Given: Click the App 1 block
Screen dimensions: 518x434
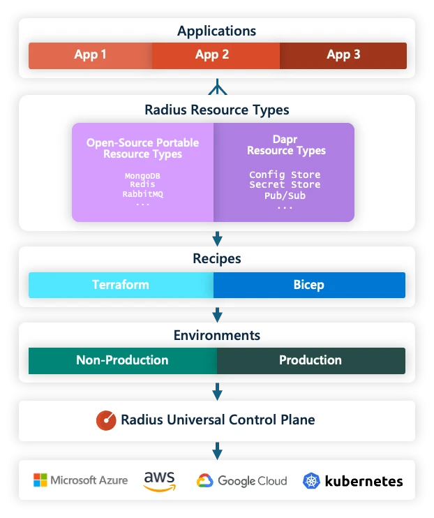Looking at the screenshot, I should point(90,55).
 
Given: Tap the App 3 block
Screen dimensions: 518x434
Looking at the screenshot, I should point(343,55).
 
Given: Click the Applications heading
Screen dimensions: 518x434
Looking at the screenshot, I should point(216,31).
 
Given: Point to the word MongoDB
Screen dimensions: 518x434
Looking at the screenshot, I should point(143,175).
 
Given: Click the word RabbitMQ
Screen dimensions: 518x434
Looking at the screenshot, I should point(143,193).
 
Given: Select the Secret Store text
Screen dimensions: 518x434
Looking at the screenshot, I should point(285,184).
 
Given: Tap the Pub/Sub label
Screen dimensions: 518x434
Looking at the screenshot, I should point(285,195).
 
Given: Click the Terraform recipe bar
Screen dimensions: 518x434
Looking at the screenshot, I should point(121,285).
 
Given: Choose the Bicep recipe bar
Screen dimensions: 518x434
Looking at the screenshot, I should point(309,285).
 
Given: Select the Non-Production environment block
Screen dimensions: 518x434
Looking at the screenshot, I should point(122,360).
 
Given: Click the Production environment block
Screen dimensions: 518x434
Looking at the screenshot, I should point(310,360).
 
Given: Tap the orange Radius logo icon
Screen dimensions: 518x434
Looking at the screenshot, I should point(106,420).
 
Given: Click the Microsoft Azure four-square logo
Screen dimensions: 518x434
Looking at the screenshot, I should point(40,480).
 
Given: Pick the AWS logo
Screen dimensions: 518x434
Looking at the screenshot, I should point(159,481).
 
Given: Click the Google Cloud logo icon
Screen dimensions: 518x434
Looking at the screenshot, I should point(204,481).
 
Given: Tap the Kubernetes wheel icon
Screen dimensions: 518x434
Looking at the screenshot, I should point(311,481).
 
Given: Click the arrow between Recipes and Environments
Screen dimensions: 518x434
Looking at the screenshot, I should point(217,314).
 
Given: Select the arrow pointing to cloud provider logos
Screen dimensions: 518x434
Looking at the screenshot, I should point(217,451).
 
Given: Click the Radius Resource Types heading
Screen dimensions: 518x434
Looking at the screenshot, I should point(216,110).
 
